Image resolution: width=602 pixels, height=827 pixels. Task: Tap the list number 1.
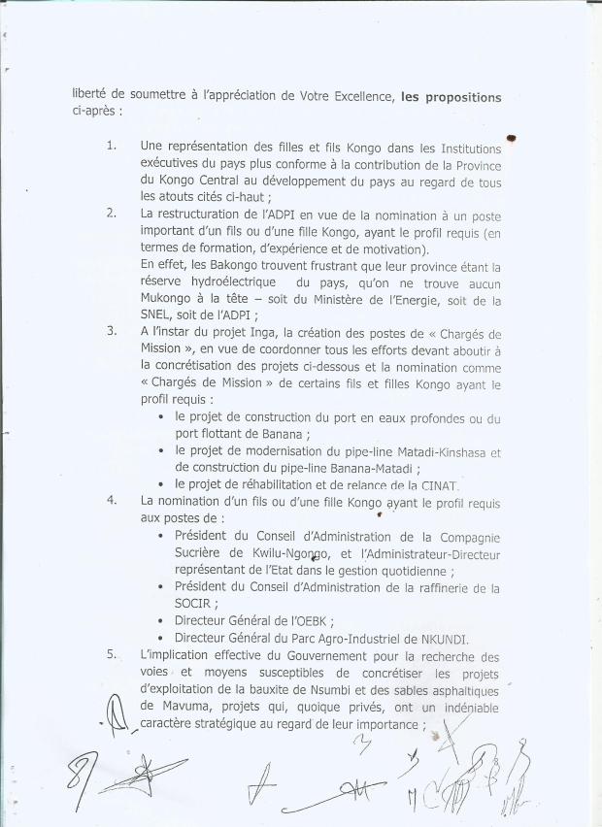tap(113, 148)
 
